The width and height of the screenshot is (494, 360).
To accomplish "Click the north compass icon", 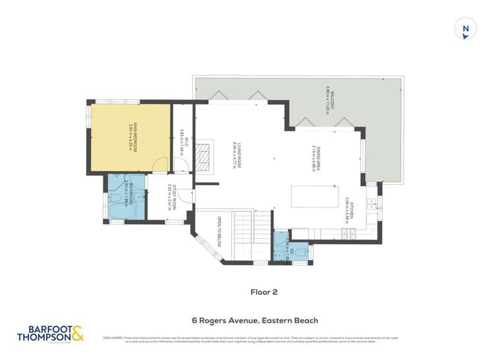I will tap(466, 28).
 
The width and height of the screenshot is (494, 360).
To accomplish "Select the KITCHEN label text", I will tap(348, 210).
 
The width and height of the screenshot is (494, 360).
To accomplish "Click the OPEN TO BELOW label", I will tap(214, 232).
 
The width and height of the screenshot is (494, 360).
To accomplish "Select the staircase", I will tap(248, 238).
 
